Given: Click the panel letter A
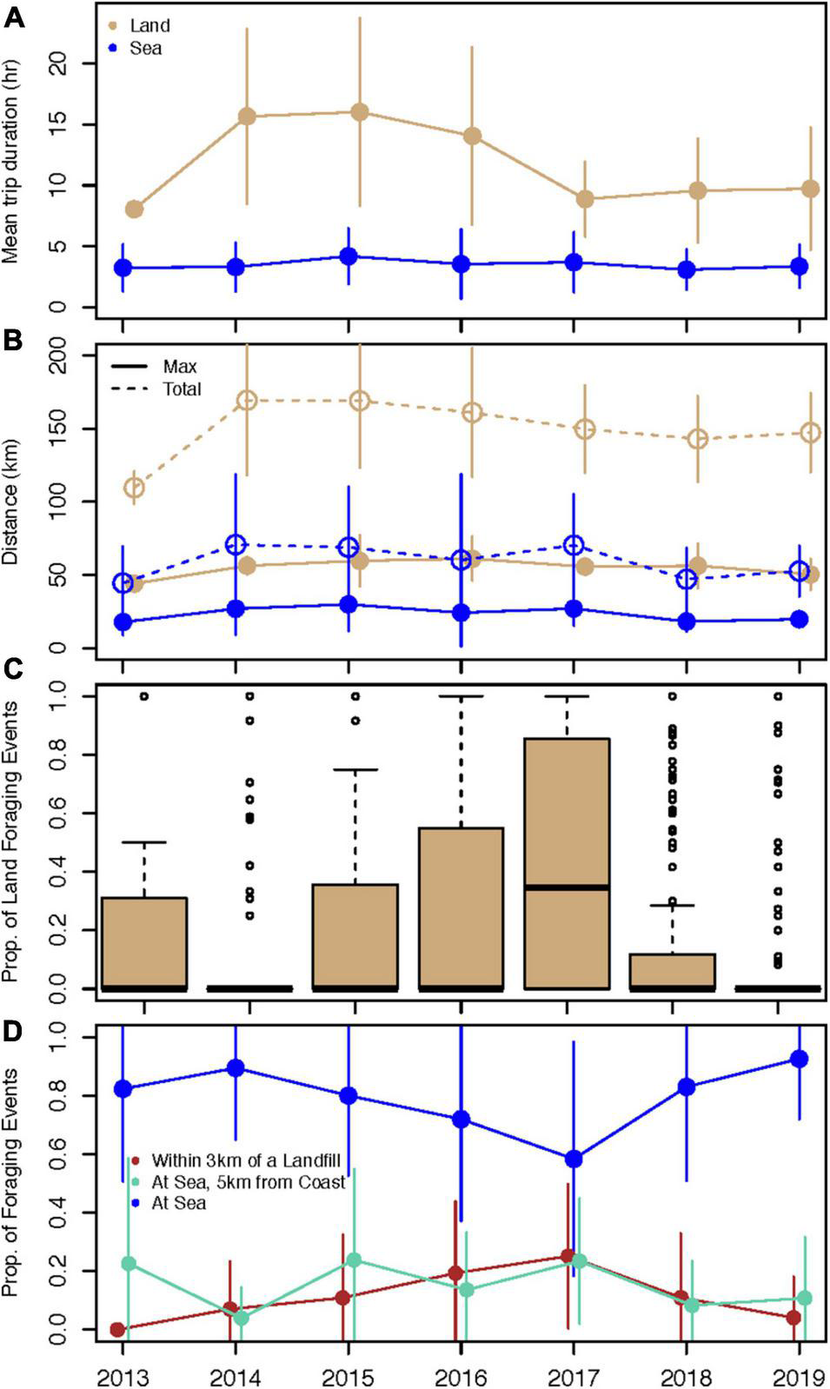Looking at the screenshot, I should pyautogui.click(x=14, y=17).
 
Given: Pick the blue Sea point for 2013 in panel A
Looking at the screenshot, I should pyautogui.click(x=123, y=268).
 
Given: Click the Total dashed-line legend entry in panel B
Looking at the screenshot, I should pyautogui.click(x=182, y=389).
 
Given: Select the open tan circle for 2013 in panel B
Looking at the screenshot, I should pyautogui.click(x=134, y=488).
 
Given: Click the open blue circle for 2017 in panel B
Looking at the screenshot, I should pyautogui.click(x=573, y=545).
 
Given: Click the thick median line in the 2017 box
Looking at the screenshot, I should pyautogui.click(x=567, y=887).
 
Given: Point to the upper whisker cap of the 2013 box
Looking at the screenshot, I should pyautogui.click(x=144, y=842).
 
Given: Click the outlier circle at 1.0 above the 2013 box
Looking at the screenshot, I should pyautogui.click(x=144, y=696).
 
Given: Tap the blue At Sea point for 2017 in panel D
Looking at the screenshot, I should pyautogui.click(x=573, y=1159).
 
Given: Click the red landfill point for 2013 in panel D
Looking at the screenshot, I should pyautogui.click(x=117, y=1329).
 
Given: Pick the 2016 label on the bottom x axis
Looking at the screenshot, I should pyautogui.click(x=461, y=1378).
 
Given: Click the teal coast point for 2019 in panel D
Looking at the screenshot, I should pyautogui.click(x=805, y=1298).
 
